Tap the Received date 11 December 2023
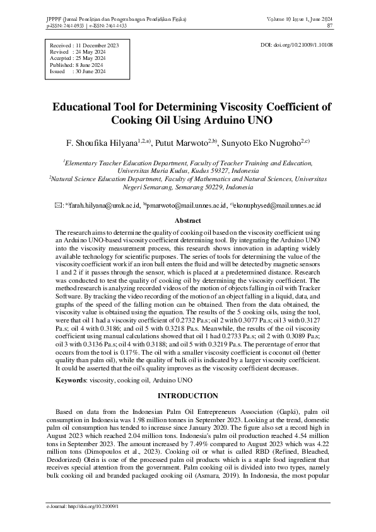point(97,46)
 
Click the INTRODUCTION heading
point(187,396)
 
